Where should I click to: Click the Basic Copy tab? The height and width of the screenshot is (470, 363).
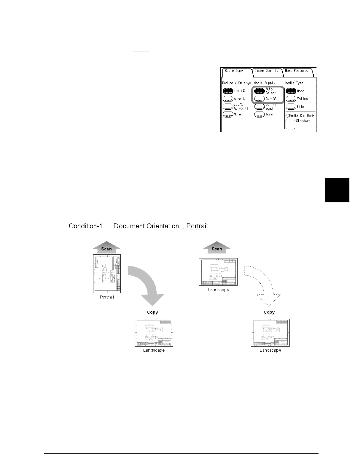234,71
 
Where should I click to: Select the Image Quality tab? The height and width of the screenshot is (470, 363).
267,71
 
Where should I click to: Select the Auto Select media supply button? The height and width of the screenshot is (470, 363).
259,91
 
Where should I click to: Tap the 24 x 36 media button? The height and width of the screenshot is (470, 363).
259,99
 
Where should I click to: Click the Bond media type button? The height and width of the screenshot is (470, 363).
291,91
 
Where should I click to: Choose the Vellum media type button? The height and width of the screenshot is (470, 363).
291,99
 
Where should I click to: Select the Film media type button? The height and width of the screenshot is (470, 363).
291,107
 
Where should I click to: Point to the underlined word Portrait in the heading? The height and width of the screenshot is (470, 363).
197,226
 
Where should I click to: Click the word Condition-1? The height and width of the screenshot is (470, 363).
85,226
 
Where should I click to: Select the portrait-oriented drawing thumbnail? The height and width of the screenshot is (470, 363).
107,274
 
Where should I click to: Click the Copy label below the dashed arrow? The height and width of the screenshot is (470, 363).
269,312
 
